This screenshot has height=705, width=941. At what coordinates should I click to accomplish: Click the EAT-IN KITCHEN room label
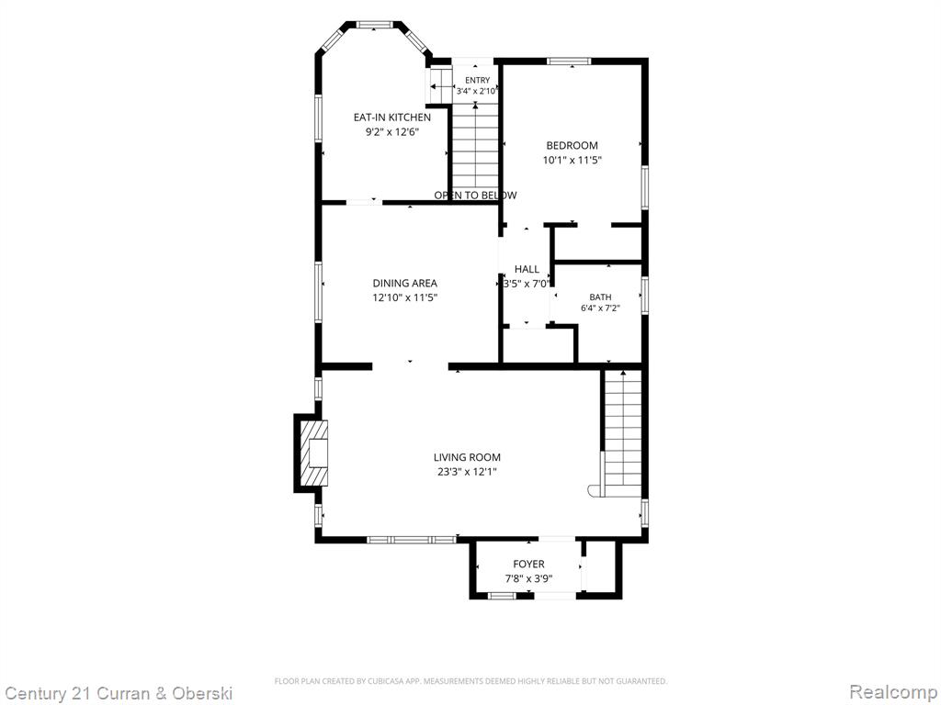click(391, 117)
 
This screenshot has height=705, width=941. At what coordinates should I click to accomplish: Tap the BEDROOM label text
click(572, 145)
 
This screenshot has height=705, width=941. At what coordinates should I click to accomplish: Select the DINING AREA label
click(405, 283)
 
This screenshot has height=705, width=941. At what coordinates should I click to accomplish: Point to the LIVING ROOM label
click(468, 457)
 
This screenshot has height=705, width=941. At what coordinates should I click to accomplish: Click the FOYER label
click(528, 565)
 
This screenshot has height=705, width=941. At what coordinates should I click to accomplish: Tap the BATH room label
click(600, 297)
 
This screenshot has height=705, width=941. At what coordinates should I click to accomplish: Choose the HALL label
click(527, 269)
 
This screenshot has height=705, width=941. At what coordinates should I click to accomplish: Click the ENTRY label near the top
click(478, 81)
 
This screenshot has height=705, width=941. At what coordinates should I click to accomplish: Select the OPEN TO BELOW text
click(475, 196)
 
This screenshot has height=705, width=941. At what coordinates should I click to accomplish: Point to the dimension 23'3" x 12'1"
click(468, 472)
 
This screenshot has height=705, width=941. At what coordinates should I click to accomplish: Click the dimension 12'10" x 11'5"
click(405, 298)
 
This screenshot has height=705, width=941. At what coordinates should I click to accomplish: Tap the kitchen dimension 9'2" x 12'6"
click(391, 132)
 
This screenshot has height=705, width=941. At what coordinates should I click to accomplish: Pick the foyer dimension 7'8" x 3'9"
click(528, 579)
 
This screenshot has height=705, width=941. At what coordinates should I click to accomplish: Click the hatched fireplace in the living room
click(314, 453)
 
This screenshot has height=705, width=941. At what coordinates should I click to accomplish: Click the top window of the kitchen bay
click(375, 25)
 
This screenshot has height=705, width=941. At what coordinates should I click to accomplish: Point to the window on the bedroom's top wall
click(569, 61)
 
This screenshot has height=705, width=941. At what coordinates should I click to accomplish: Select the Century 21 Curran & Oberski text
click(118, 694)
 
